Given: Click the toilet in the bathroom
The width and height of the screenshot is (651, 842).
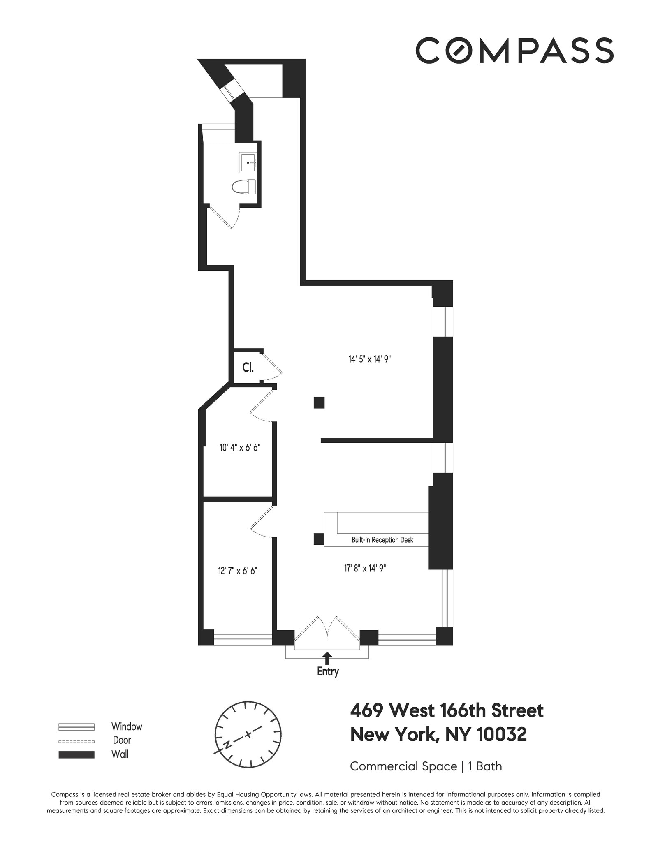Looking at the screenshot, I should [243, 187].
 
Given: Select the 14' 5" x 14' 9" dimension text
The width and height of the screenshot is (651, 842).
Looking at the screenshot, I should [369, 359].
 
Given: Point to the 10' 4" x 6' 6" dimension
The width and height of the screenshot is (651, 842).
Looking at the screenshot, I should [240, 447].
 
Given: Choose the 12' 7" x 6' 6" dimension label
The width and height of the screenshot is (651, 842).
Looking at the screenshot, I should [238, 571].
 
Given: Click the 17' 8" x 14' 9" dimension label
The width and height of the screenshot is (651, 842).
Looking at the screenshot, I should [365, 568].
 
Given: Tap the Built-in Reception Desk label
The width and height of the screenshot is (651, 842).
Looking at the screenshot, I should [382, 540].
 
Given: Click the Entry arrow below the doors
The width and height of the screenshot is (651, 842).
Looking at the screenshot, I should [327, 658].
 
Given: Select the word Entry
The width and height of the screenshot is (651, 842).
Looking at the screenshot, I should [328, 672].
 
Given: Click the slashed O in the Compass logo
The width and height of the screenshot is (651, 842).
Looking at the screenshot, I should [461, 51].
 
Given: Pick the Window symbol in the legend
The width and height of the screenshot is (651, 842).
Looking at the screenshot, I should [76, 727].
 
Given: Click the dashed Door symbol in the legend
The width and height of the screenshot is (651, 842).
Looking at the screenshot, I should [76, 741].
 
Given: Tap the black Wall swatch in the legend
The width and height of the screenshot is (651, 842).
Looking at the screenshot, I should [76, 755].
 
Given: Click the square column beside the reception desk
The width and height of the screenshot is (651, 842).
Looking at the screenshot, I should [319, 539].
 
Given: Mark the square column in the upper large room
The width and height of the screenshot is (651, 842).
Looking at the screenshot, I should [319, 402].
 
